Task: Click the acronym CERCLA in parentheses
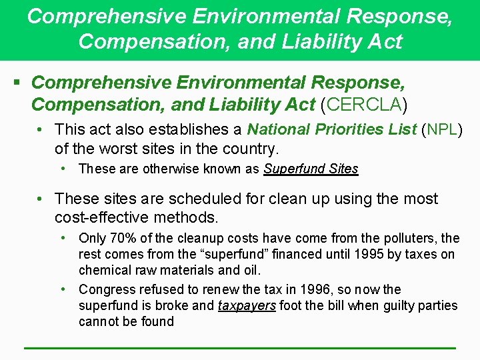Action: [364, 105]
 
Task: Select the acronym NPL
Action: [443, 129]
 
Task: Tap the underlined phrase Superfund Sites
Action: [311, 169]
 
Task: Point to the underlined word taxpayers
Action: [247, 305]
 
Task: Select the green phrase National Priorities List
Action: [332, 129]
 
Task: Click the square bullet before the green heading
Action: [17, 83]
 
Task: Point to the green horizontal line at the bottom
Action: [239, 347]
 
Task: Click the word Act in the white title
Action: [385, 41]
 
